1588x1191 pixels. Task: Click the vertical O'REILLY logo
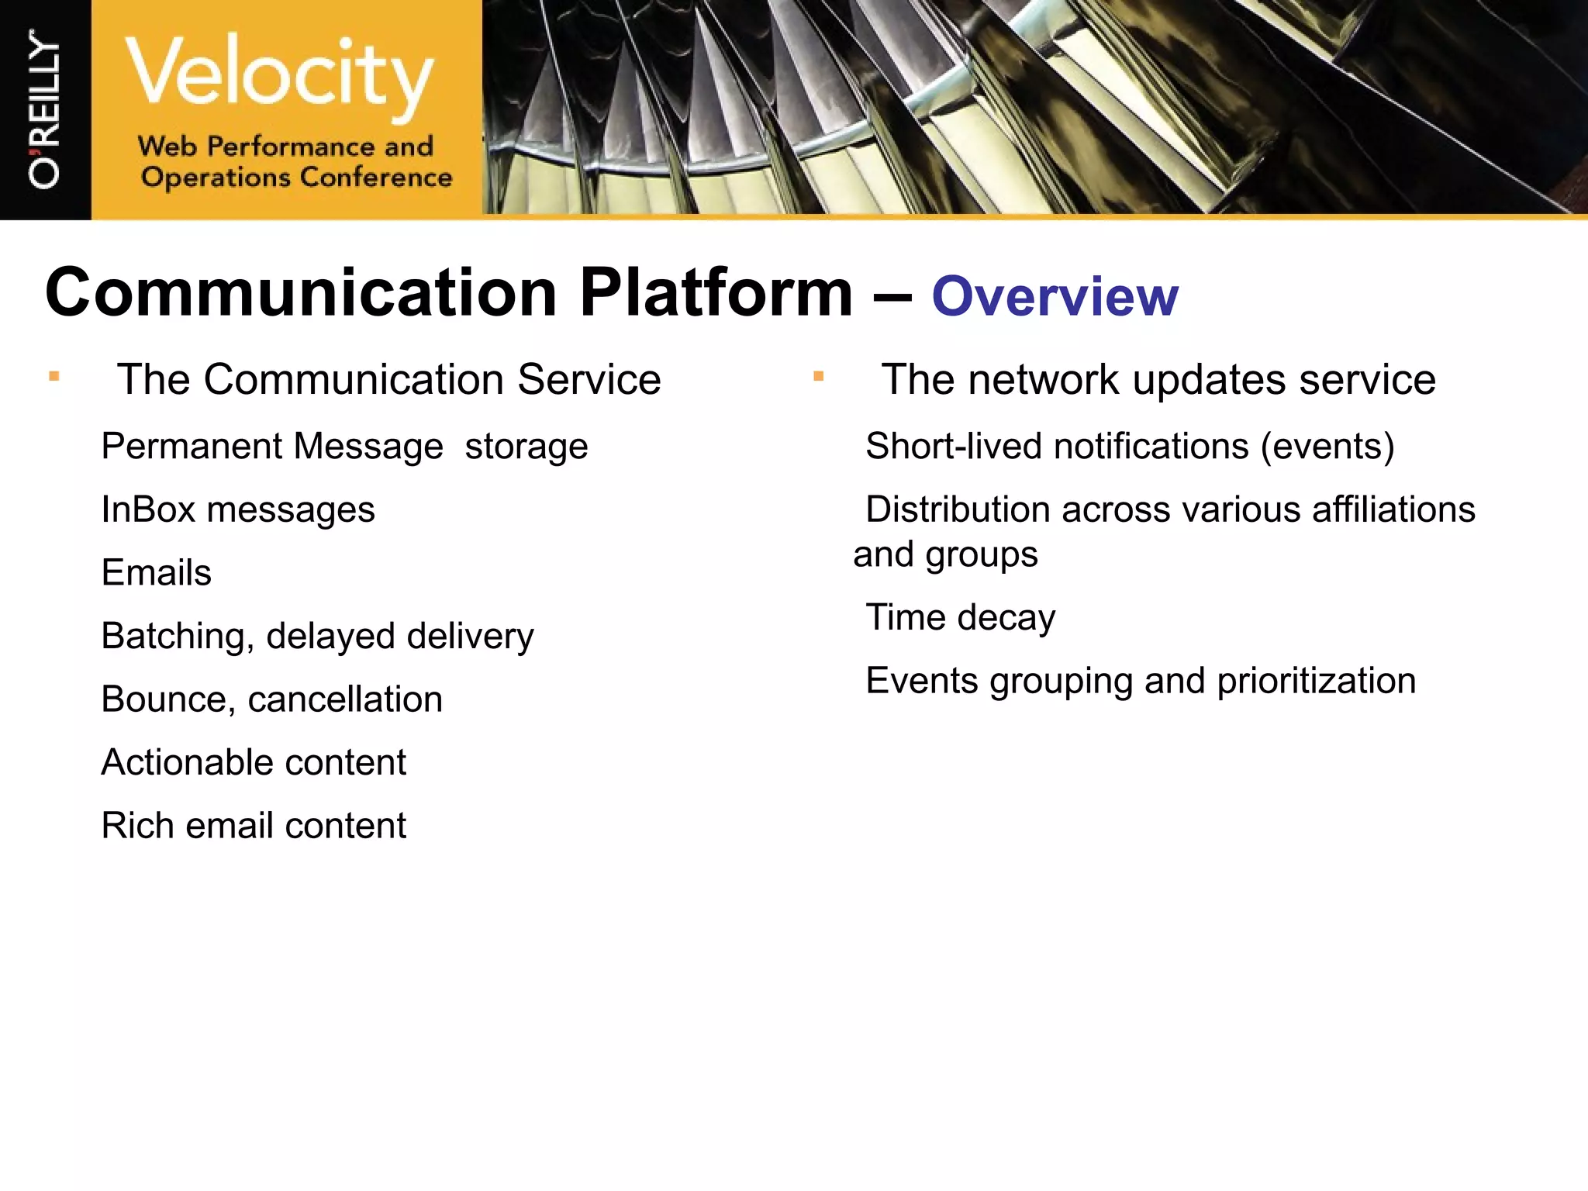coord(44,109)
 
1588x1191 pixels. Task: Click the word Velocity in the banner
coord(279,75)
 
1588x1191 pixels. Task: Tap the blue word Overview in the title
coord(1055,297)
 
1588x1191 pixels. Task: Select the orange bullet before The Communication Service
coord(54,378)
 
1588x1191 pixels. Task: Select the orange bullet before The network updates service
coord(818,378)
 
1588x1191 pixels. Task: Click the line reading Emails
coord(157,573)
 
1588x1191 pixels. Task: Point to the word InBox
coord(148,510)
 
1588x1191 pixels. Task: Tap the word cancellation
coord(345,699)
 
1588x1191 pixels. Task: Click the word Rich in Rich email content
coord(137,826)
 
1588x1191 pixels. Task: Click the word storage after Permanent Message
coord(526,447)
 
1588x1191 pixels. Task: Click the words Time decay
coord(960,619)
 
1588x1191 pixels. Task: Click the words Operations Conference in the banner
coord(296,178)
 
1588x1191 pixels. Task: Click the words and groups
coord(944,555)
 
